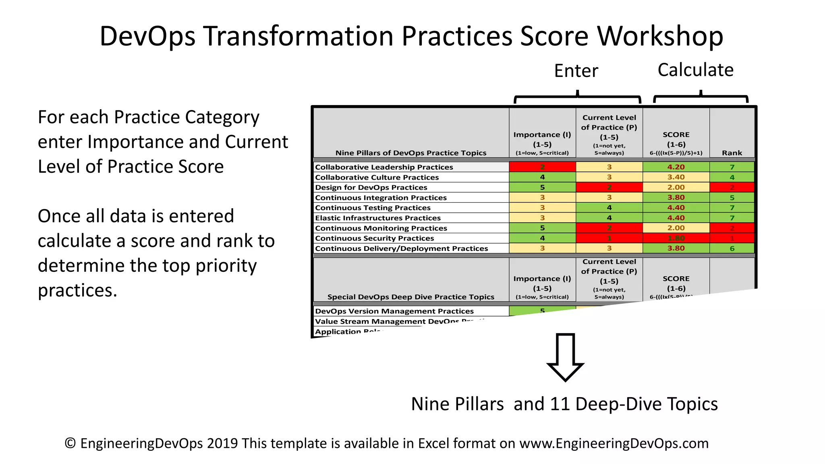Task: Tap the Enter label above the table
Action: (576, 71)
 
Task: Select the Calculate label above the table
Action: (695, 70)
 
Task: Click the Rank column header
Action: (732, 153)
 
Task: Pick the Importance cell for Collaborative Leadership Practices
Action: (542, 167)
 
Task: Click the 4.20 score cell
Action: (676, 167)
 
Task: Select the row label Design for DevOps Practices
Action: (371, 187)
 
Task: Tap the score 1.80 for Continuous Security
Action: (676, 238)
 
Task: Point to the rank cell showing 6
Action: (732, 249)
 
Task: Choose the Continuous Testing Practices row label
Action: (373, 208)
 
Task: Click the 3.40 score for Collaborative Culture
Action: (676, 177)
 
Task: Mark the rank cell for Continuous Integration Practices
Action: (732, 198)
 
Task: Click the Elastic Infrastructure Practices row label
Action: (378, 218)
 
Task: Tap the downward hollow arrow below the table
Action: (565, 357)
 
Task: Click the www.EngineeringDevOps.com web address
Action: (614, 443)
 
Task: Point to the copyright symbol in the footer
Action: (70, 443)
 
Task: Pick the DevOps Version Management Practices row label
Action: (394, 311)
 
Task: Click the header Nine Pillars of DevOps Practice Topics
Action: (411, 153)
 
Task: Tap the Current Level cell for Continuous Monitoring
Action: (609, 228)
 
